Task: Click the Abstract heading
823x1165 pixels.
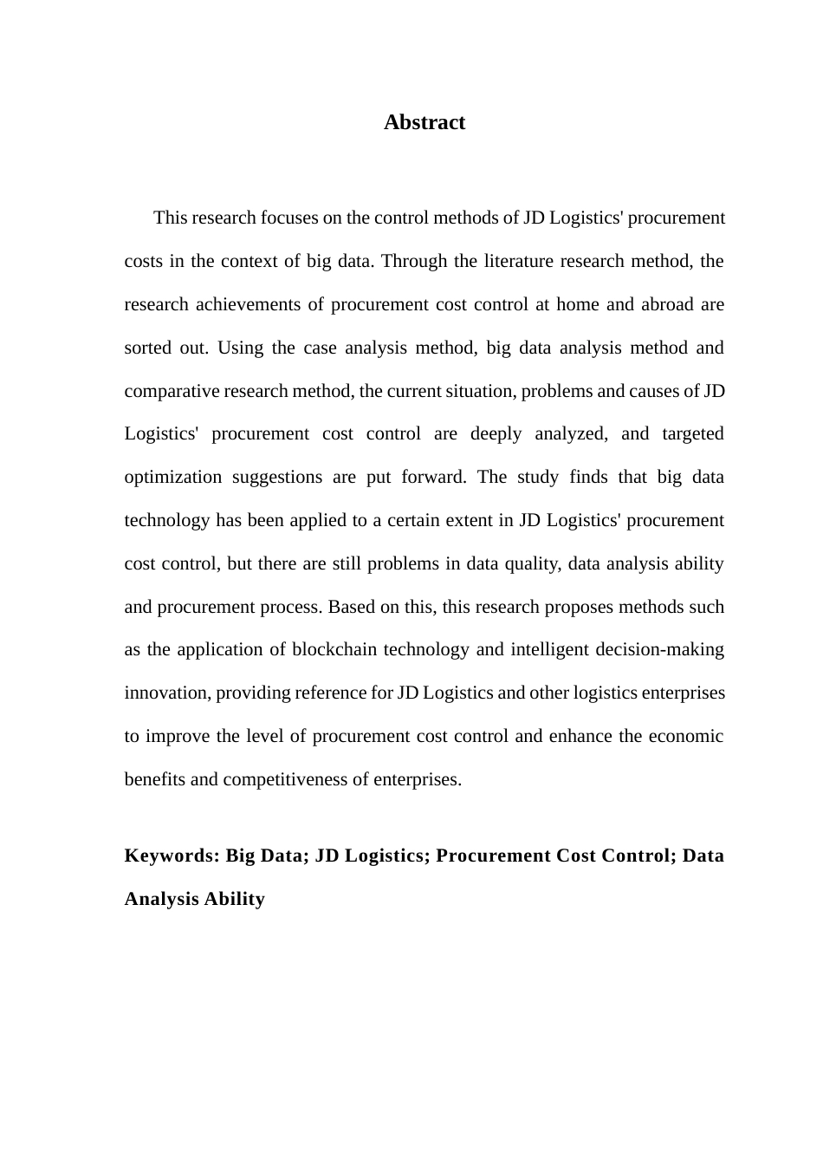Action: click(424, 122)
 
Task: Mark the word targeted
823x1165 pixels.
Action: click(692, 433)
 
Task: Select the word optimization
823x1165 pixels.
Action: click(173, 477)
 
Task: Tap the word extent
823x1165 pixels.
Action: click(468, 520)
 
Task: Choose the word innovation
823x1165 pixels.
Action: click(167, 693)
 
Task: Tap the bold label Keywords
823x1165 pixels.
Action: click(172, 856)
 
